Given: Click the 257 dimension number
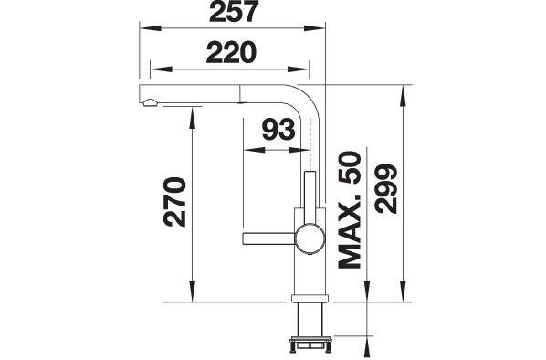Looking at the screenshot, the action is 234,11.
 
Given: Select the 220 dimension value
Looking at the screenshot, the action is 231,53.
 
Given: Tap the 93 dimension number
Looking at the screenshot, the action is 278,129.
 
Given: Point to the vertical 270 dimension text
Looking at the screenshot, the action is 174,202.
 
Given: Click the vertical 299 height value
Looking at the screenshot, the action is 386,188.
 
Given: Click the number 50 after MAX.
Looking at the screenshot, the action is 350,167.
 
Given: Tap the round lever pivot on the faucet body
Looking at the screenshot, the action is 310,238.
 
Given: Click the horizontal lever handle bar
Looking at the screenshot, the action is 268,238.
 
